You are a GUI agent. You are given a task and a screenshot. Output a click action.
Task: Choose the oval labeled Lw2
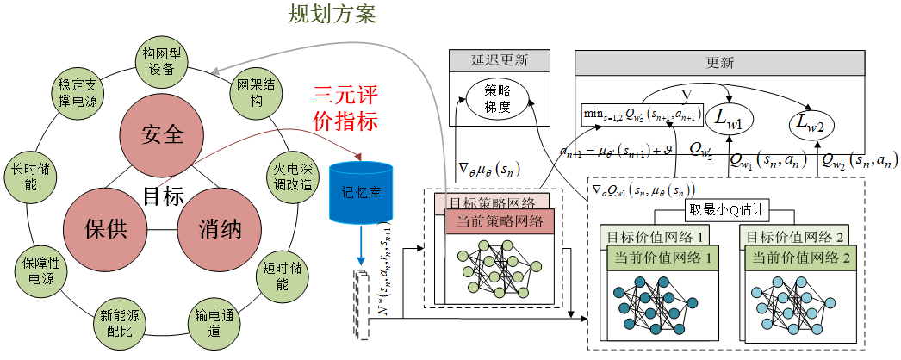pos(813,127)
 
